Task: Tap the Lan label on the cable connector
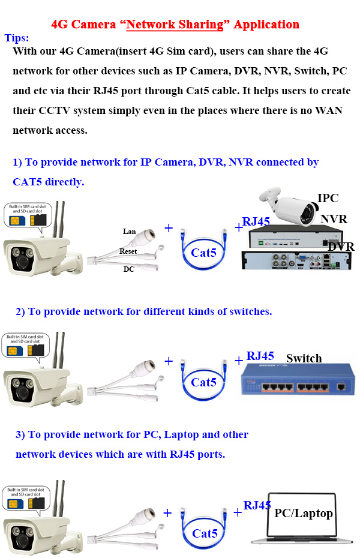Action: [x=129, y=232]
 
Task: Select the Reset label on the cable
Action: [x=128, y=251]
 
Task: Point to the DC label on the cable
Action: [x=128, y=269]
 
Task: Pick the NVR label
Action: [x=333, y=219]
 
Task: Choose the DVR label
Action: [x=340, y=247]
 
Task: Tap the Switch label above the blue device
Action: [x=304, y=358]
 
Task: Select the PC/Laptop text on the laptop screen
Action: [x=303, y=513]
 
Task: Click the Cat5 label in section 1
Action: [x=203, y=253]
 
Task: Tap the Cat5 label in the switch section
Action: [x=203, y=382]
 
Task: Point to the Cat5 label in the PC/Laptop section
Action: [x=205, y=533]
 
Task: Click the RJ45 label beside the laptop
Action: [x=257, y=505]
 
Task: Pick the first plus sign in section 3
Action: [x=167, y=513]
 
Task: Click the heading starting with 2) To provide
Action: [x=143, y=311]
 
